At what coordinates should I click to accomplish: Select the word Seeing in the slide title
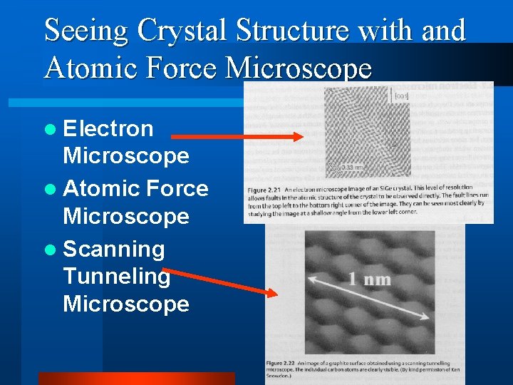click(x=87, y=31)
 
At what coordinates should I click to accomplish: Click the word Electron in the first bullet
click(x=108, y=128)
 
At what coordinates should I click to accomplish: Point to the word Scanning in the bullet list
click(x=114, y=249)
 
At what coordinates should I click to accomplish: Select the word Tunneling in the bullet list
click(x=117, y=276)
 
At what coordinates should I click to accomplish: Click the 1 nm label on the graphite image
click(x=369, y=279)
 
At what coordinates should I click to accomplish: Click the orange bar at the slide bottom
click(x=135, y=379)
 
